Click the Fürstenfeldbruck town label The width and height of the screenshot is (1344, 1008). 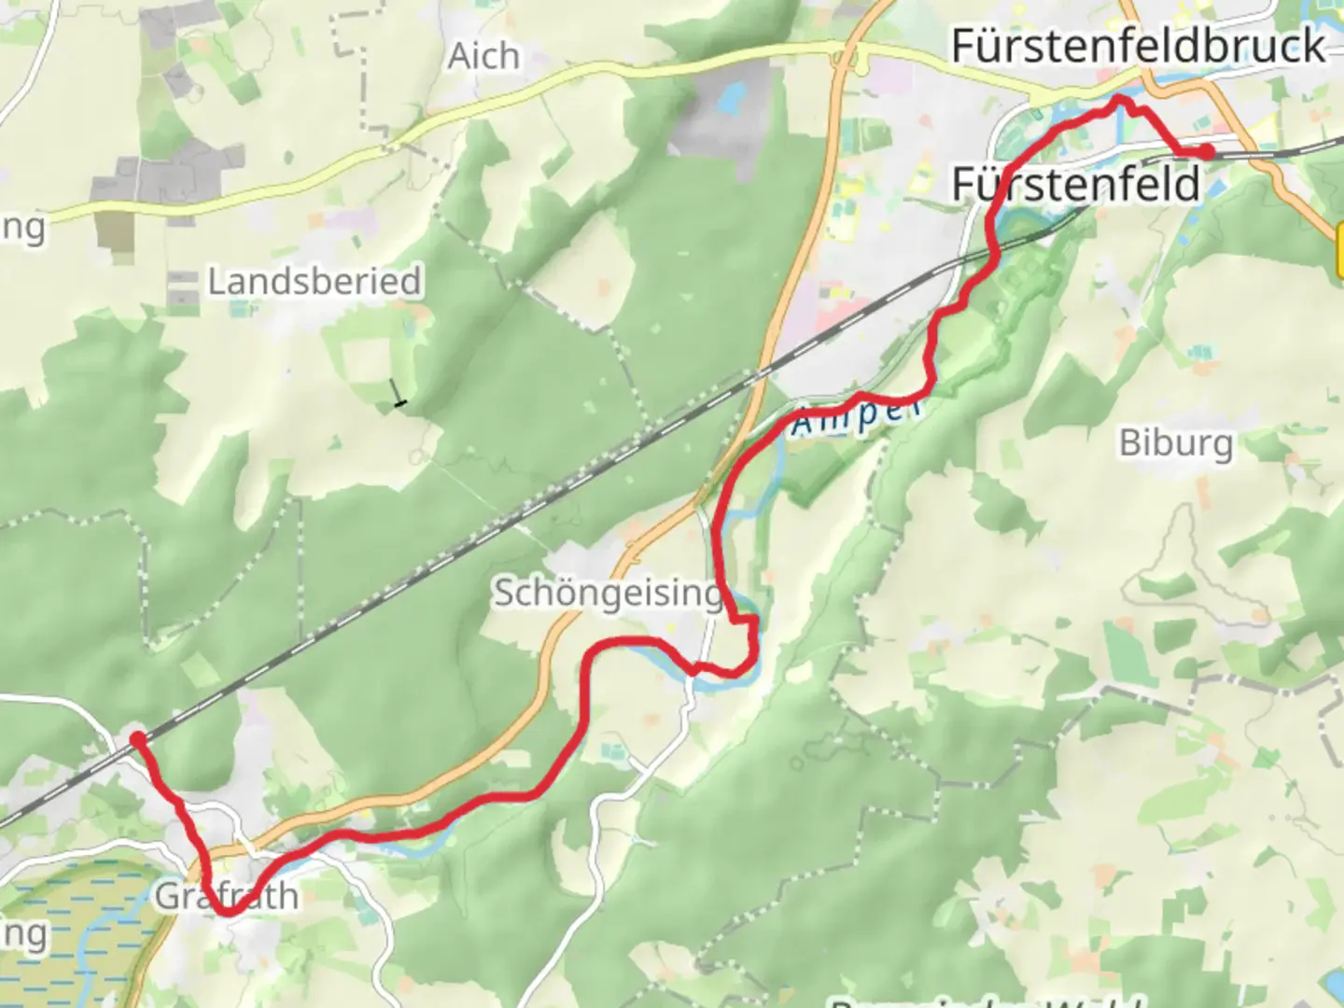1138,47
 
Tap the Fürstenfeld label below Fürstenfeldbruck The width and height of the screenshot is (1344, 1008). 1075,184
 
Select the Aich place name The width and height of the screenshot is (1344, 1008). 483,56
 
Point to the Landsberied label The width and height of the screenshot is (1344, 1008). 314,281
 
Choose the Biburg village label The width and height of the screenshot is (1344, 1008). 1175,442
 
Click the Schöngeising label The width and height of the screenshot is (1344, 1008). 607,593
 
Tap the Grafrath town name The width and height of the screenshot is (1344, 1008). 226,896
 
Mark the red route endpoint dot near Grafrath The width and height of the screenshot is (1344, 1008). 137,739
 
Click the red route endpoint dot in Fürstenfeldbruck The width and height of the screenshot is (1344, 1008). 1207,151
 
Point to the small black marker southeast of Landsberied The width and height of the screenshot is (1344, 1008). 400,402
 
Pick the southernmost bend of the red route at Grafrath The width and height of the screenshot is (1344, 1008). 227,912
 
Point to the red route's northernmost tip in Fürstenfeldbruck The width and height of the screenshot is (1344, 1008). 1121,99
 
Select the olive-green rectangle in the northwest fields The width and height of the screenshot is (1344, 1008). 114,230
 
